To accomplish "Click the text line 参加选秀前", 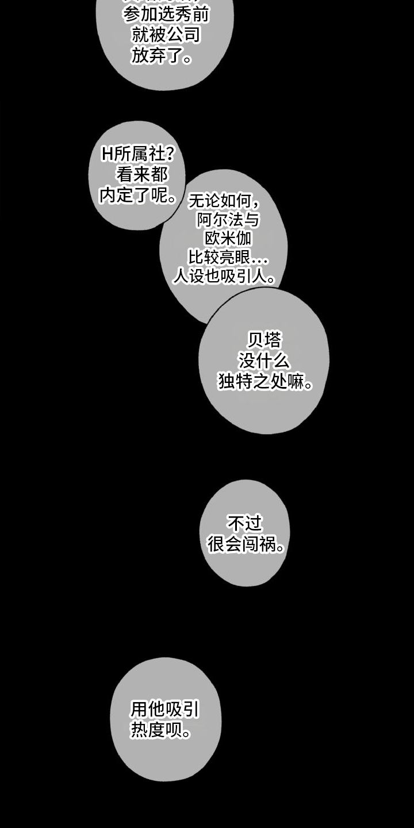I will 165,14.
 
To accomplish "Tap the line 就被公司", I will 165,35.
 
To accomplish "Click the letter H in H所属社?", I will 107,154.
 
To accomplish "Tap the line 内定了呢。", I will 138,195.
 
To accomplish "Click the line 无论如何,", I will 224,201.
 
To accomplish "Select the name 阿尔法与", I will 228,219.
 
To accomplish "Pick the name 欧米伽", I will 228,238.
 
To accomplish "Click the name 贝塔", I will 264,340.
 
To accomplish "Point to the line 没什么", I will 264,361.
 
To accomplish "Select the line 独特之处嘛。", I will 265,382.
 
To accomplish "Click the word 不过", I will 245,523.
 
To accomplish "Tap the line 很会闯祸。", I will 247,545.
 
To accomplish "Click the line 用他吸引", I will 165,710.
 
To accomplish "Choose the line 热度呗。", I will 160,731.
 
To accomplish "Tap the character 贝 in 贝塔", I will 255,340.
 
